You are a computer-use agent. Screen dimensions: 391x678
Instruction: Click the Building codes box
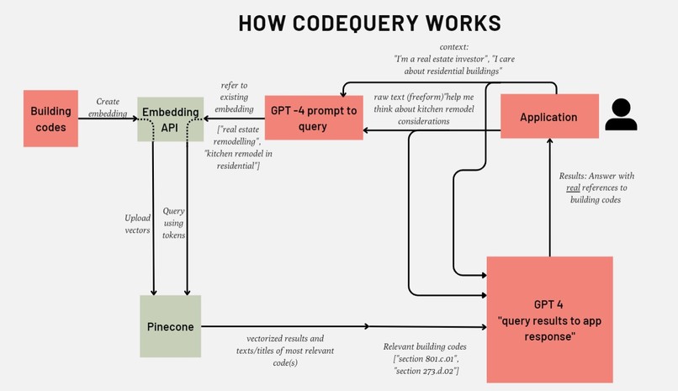tap(51, 118)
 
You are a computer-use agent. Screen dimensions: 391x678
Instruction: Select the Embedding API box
tap(170, 119)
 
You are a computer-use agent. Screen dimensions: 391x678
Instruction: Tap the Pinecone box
tap(170, 325)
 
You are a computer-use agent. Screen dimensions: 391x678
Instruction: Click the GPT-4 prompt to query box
tap(314, 117)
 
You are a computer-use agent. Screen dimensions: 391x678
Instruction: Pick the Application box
tap(548, 118)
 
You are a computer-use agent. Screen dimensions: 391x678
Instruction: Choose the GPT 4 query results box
tap(548, 319)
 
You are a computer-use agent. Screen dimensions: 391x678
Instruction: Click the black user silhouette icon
tap(621, 115)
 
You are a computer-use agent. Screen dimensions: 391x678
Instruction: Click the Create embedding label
tap(108, 107)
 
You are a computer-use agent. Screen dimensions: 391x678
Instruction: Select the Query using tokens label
tap(173, 224)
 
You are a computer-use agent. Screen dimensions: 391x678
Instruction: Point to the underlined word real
tap(573, 188)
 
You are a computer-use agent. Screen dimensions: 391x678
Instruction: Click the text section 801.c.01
tap(426, 359)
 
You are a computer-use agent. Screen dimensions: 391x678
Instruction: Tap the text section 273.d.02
tap(426, 371)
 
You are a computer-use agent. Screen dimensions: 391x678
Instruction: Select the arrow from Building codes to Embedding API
tap(108, 119)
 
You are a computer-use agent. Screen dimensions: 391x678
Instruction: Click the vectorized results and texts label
tap(281, 351)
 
